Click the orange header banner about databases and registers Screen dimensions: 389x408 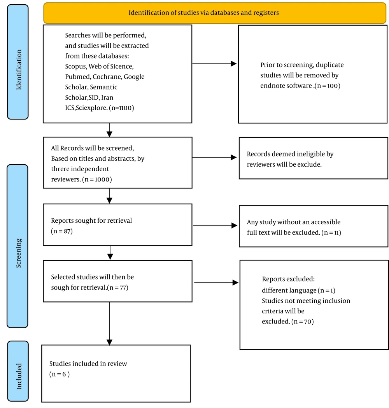(x=215, y=13)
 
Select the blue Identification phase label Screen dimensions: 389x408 (x=18, y=62)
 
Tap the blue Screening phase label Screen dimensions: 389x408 (x=18, y=246)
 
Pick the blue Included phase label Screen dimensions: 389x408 (x=18, y=371)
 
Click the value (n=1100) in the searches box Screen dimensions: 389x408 (x=121, y=108)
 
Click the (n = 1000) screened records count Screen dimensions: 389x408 (x=97, y=179)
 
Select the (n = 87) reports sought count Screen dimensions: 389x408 (x=61, y=231)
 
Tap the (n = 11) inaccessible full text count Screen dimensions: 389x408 (x=331, y=233)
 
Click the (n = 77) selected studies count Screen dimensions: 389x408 (x=117, y=288)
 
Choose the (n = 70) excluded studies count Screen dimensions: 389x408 (x=303, y=322)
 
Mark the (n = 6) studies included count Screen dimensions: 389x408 (x=60, y=374)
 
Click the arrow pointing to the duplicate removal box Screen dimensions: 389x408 (x=214, y=63)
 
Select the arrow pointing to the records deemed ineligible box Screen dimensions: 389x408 (x=214, y=157)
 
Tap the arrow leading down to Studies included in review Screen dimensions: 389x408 (x=109, y=324)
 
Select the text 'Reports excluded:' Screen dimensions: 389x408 (x=288, y=279)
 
